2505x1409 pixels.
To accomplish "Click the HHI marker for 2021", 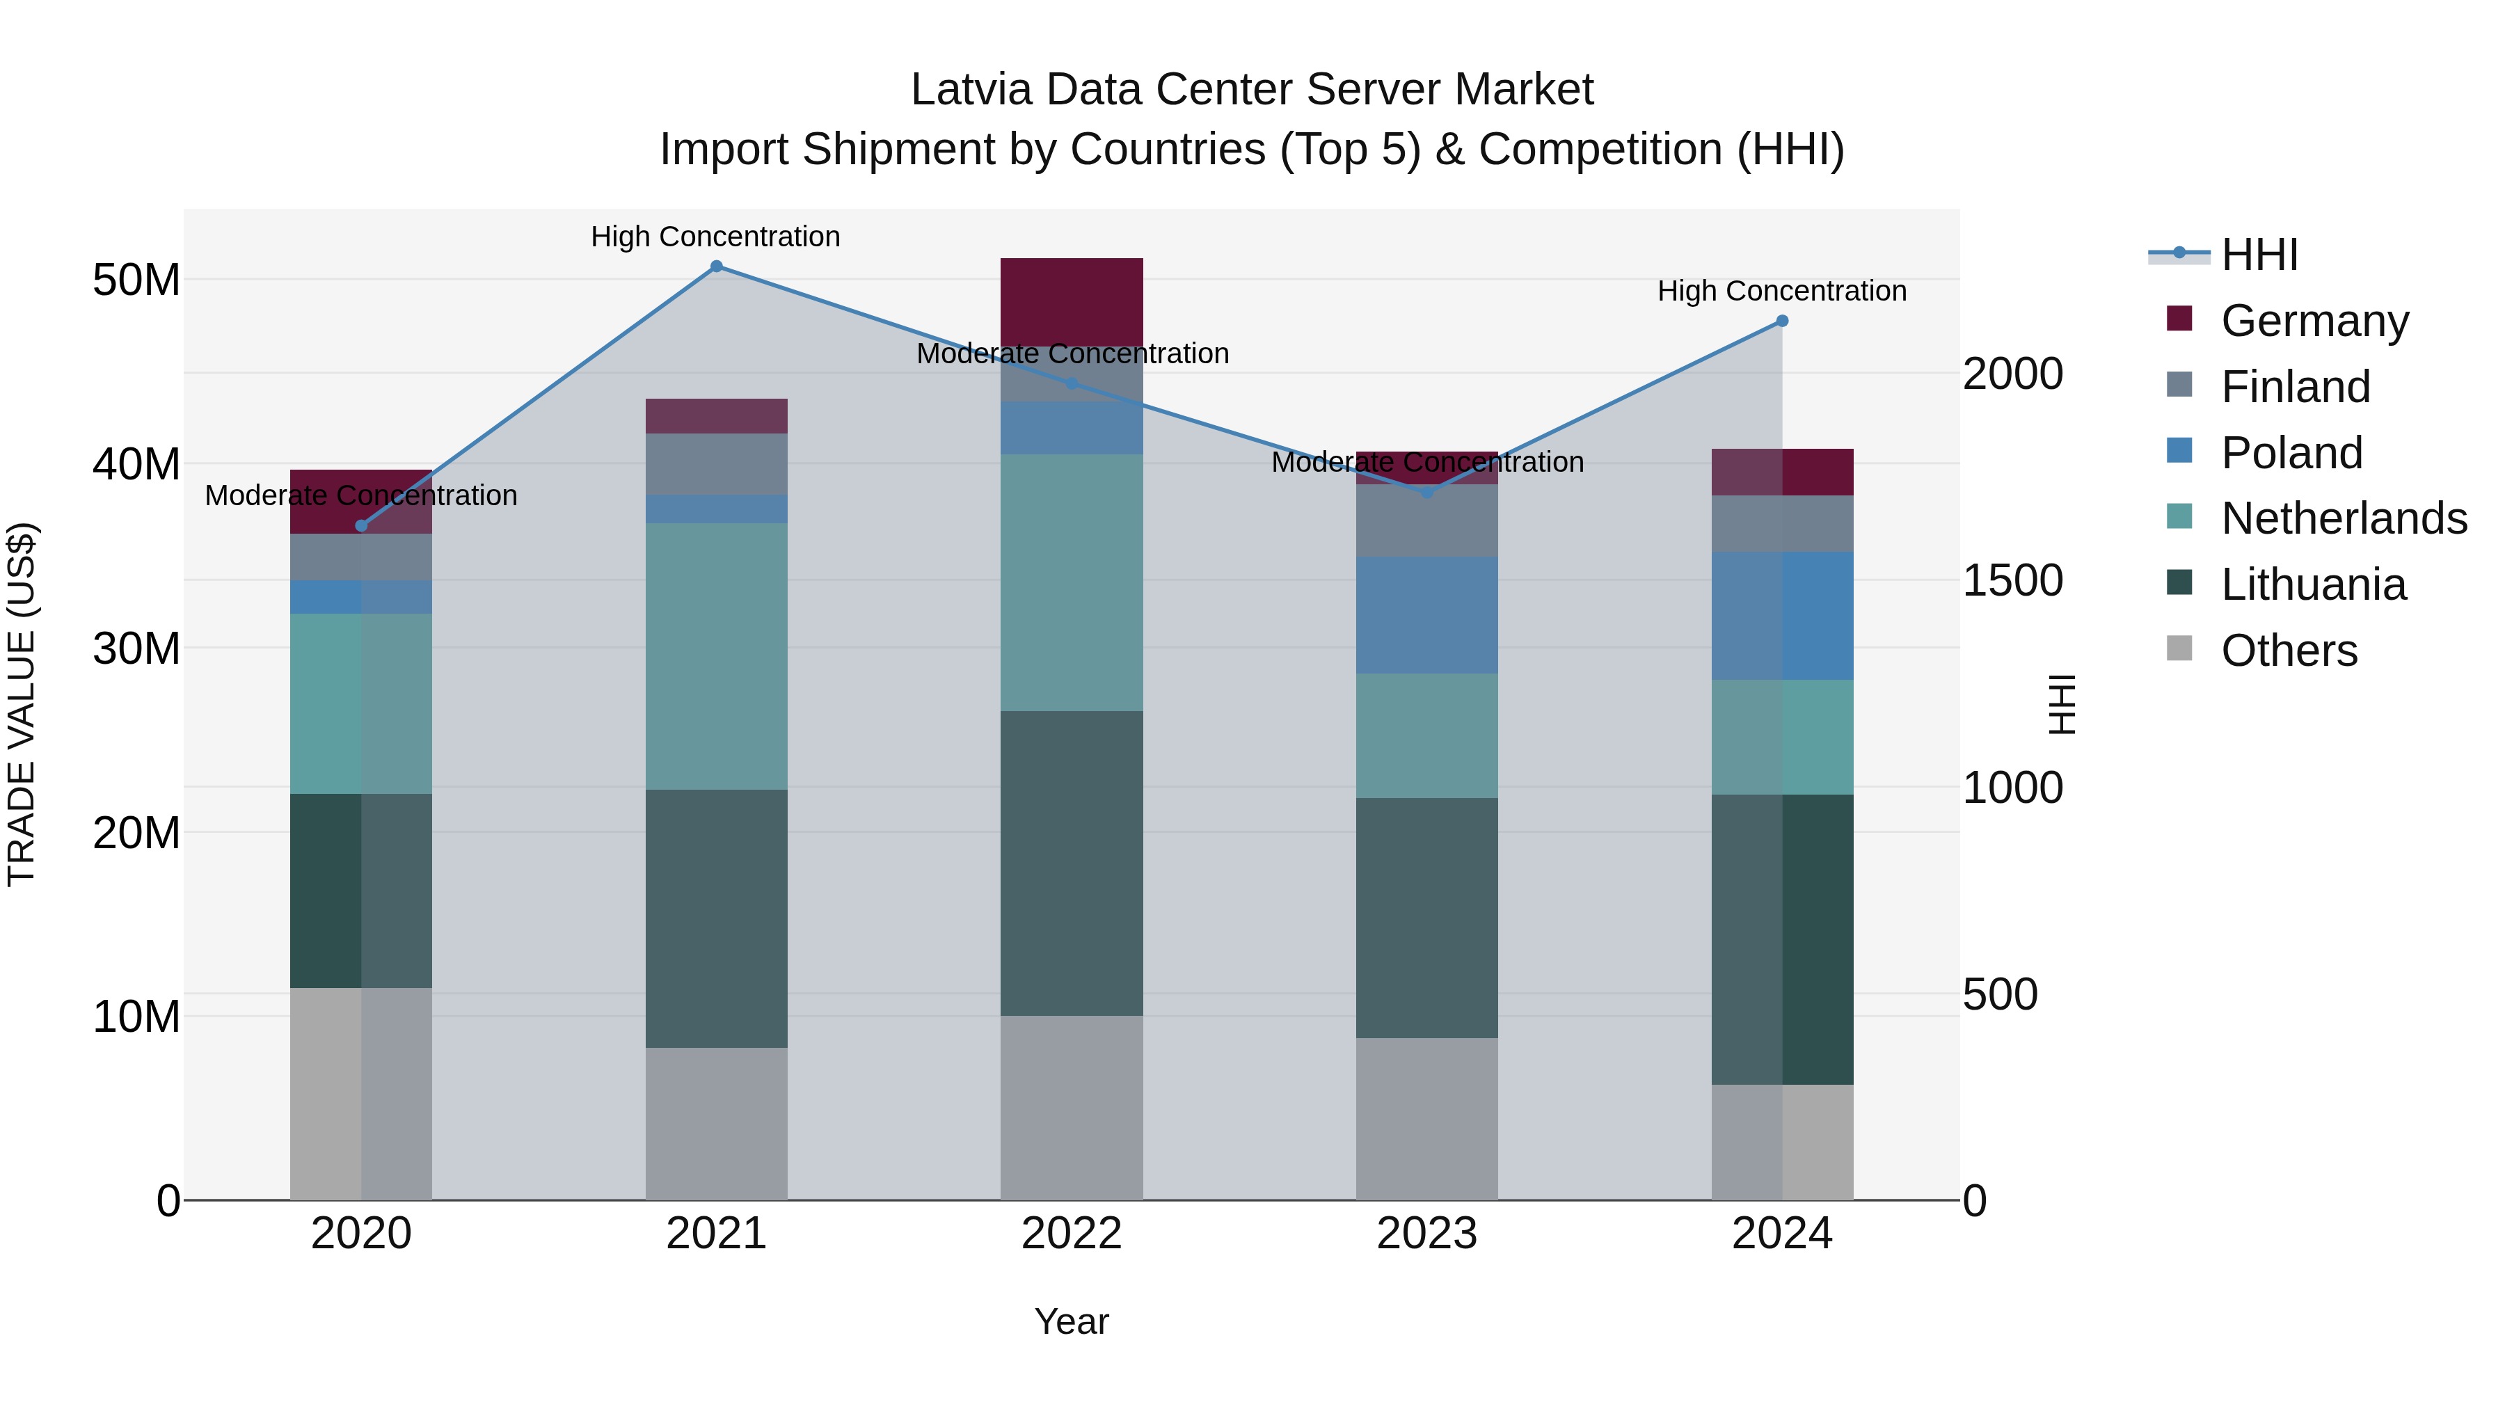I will click(x=716, y=266).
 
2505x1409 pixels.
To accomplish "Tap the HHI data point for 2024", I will click(x=1781, y=321).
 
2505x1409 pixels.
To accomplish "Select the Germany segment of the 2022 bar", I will click(x=1072, y=301).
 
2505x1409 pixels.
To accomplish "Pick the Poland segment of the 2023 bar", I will click(x=1426, y=614).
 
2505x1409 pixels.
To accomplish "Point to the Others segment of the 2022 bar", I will click(x=1072, y=1108).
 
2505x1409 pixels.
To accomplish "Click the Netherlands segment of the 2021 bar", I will click(x=716, y=656).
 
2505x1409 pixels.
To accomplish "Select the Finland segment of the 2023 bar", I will click(x=1426, y=520).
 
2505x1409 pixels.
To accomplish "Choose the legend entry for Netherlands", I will click(x=2344, y=518).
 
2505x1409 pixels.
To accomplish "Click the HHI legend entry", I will click(x=2259, y=255).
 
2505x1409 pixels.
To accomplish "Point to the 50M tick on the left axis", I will click(x=136, y=280).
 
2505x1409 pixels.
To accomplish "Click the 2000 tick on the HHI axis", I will click(x=2012, y=374).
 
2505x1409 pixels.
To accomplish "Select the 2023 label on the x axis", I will click(x=1426, y=1234).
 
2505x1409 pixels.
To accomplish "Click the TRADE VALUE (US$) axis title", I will click(x=22, y=704).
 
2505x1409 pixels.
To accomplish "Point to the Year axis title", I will click(x=1071, y=1321).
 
